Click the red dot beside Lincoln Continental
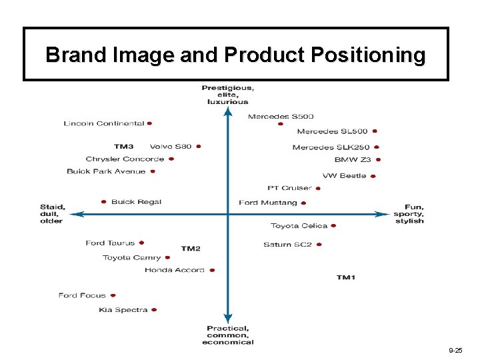[150, 123]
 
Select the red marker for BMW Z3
[378, 160]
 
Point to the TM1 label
[345, 277]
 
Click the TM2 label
[191, 249]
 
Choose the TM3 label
[124, 147]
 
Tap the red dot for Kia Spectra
[154, 310]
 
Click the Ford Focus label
[82, 295]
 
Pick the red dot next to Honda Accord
[212, 271]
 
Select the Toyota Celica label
[299, 226]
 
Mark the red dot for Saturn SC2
[319, 245]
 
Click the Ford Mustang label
[268, 203]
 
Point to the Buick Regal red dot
[104, 201]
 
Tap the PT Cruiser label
[289, 188]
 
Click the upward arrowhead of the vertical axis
[228, 111]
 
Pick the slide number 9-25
[456, 350]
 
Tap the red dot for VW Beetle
[373, 177]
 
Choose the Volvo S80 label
[171, 147]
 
